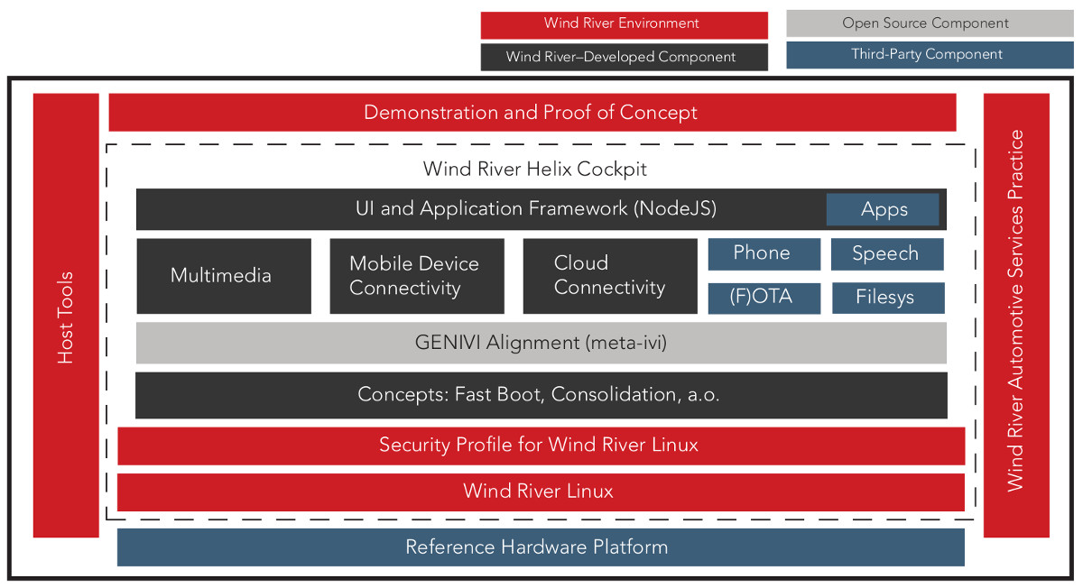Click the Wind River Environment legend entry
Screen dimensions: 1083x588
[625, 25]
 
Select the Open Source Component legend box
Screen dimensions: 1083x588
[930, 23]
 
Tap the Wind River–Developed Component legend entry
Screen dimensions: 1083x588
[625, 57]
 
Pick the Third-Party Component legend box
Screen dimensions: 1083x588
[930, 55]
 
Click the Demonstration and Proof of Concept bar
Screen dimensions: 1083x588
[532, 112]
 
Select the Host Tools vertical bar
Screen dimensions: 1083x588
[66, 315]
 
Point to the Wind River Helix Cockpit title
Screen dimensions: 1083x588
[534, 170]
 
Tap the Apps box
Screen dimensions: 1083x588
[883, 209]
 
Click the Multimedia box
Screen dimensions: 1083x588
[224, 276]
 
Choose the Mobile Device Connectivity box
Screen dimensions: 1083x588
[417, 276]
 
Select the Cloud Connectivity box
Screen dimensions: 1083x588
[610, 276]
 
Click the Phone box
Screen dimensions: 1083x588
[764, 253]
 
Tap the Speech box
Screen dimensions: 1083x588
[887, 253]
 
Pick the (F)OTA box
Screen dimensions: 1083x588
[764, 299]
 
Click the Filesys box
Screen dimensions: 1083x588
[888, 299]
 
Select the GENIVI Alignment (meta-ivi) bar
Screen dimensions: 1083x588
[541, 343]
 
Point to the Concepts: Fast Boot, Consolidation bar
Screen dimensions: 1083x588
[541, 395]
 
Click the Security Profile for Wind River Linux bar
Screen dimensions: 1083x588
[541, 446]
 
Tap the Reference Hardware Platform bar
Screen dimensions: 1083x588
[541, 547]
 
